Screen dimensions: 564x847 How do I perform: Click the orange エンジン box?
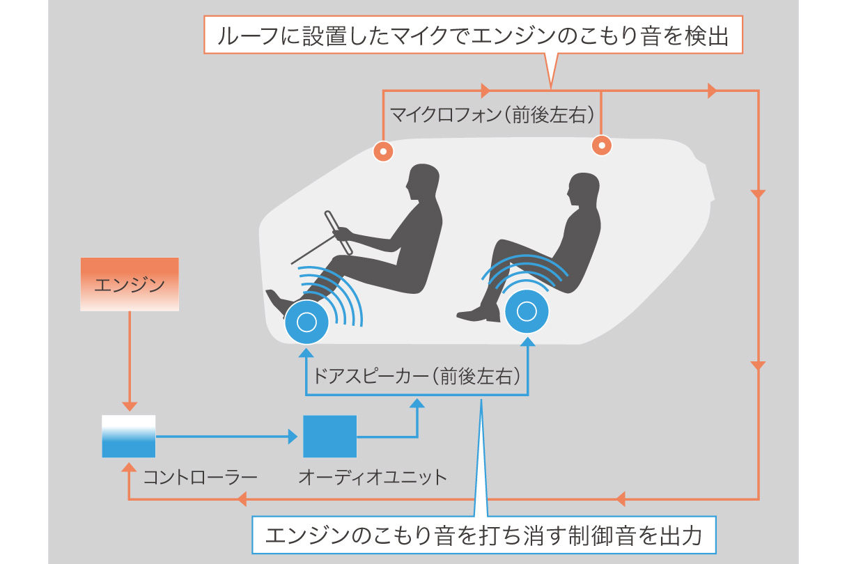tap(130, 283)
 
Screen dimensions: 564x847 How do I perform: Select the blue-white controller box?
tap(128, 437)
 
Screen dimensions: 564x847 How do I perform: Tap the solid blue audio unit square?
tap(329, 437)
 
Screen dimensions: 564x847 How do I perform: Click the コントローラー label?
tap(200, 478)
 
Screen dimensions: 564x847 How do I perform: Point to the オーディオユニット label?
tap(372, 478)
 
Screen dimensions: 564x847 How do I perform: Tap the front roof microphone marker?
tap(383, 150)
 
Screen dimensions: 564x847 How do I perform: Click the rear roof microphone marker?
tap(601, 146)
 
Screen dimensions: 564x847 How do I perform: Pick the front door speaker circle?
tap(306, 322)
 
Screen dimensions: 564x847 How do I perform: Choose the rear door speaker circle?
tap(527, 311)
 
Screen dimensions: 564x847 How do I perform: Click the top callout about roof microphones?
tap(474, 35)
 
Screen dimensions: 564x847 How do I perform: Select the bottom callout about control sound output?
tap(483, 535)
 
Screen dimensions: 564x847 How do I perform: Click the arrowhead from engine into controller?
tap(129, 406)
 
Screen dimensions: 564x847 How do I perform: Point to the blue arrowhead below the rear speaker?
tap(527, 341)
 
